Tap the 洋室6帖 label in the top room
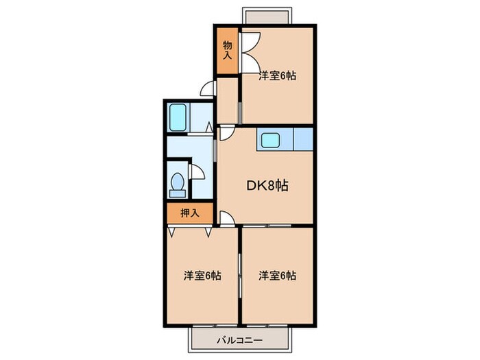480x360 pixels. [277, 77]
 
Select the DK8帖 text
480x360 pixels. [267, 185]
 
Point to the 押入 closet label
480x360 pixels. [190, 213]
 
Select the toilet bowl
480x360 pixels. [178, 184]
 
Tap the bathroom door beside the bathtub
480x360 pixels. [211, 126]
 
